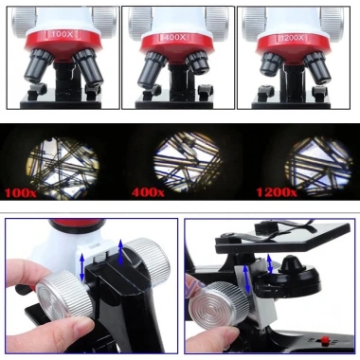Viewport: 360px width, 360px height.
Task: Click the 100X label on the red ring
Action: (x=63, y=36)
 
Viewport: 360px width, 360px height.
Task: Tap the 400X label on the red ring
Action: (x=177, y=38)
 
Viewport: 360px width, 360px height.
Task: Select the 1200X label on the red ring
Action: (x=291, y=37)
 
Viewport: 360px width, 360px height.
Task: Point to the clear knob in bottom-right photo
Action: (x=224, y=314)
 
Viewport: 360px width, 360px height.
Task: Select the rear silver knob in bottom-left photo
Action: (x=145, y=256)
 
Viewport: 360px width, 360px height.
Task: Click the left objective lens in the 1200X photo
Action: (x=270, y=64)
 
